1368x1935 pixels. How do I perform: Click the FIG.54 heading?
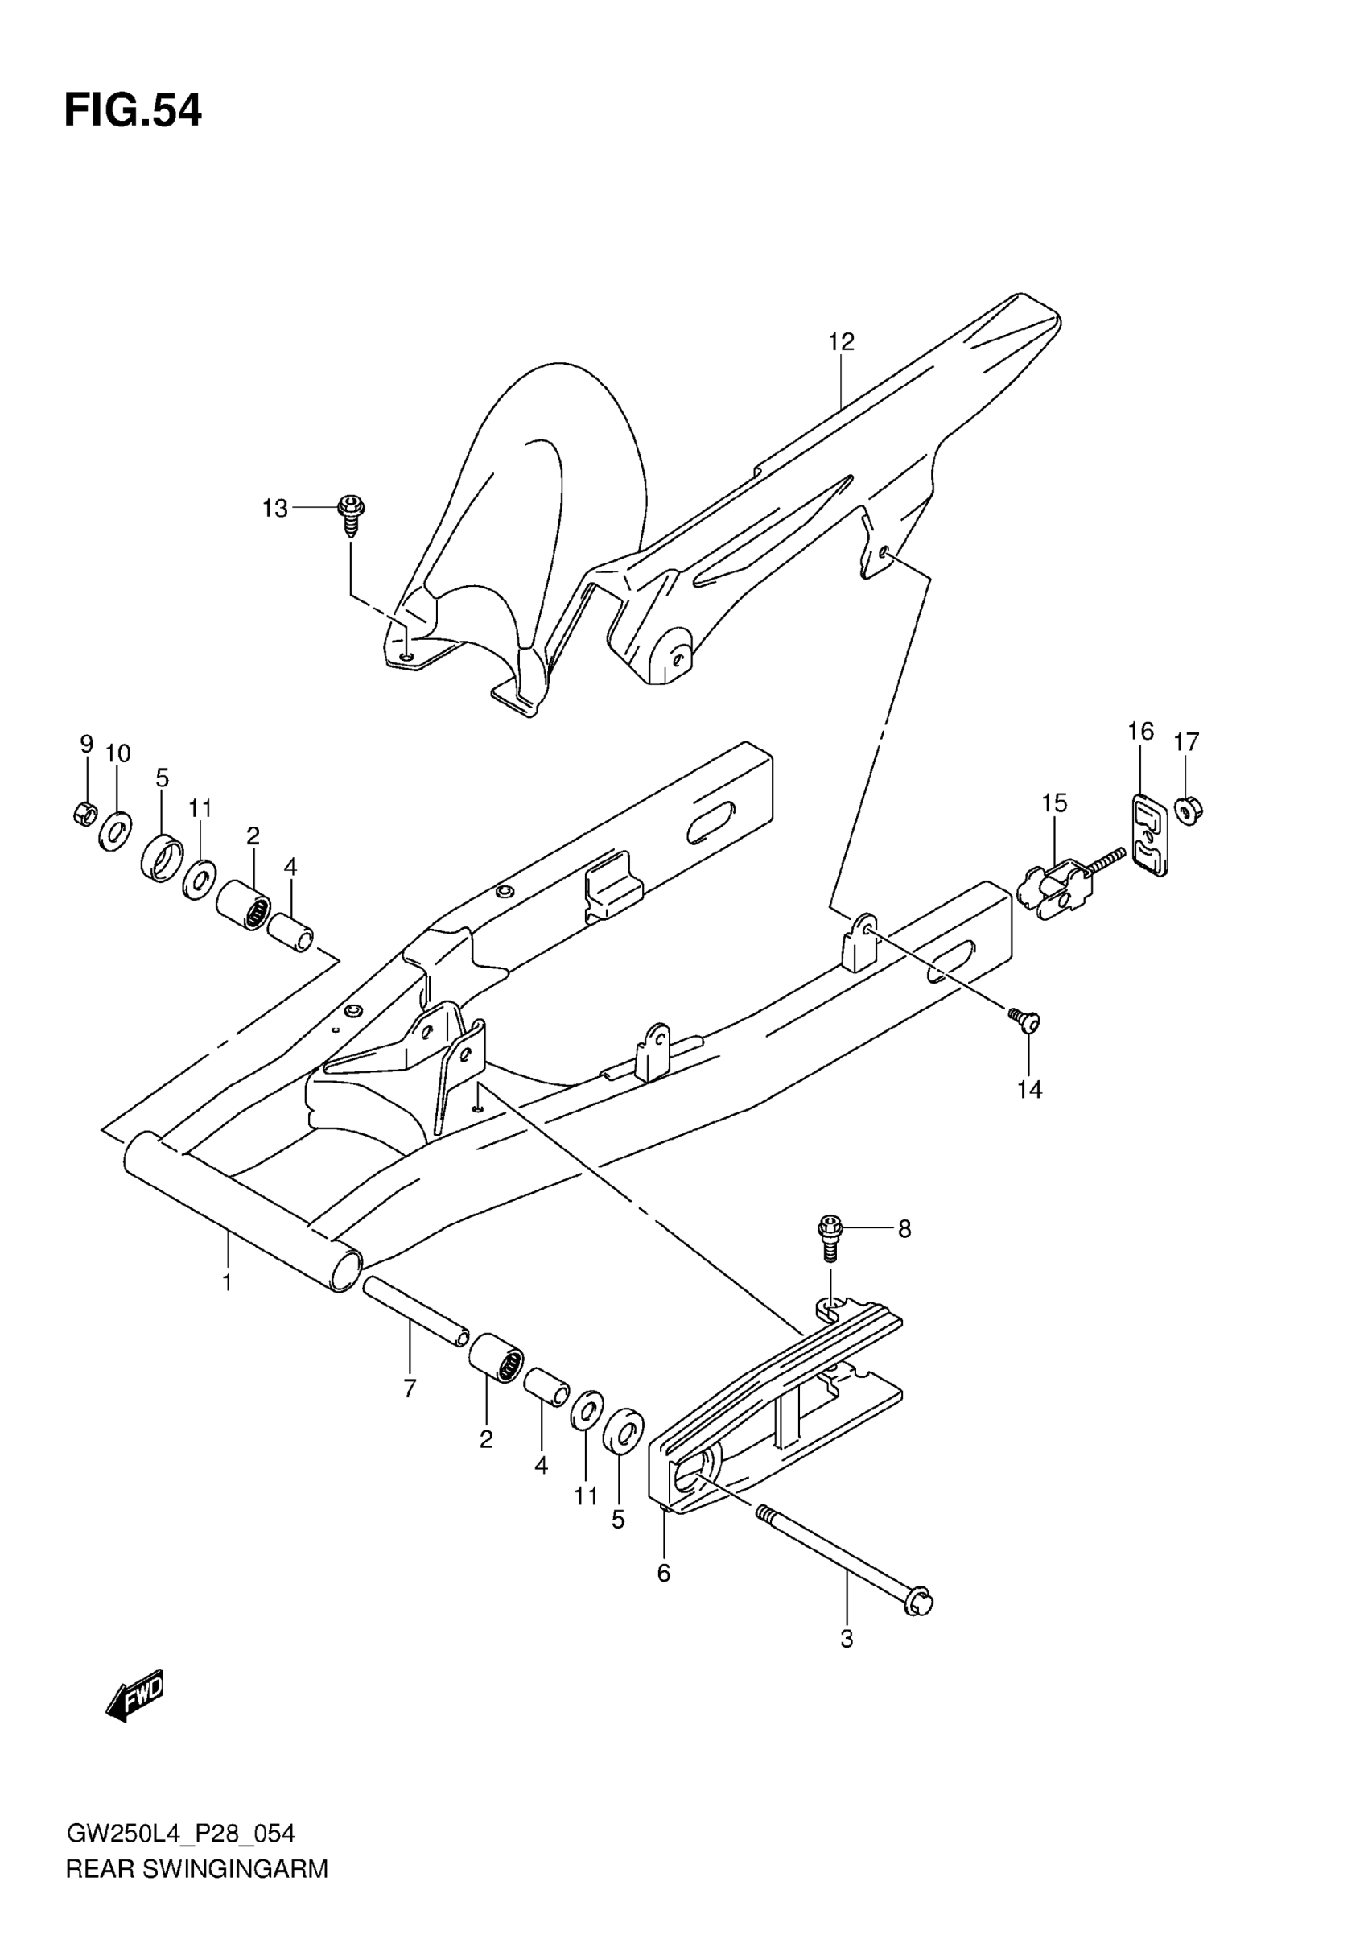(133, 111)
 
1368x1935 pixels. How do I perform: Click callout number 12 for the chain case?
(841, 341)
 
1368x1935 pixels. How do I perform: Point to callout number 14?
(1029, 1090)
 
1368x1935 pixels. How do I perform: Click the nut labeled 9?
(84, 813)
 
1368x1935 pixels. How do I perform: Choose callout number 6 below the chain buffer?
(664, 1573)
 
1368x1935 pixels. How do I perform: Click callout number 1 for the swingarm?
(227, 1282)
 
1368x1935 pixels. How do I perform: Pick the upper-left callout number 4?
(290, 866)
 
